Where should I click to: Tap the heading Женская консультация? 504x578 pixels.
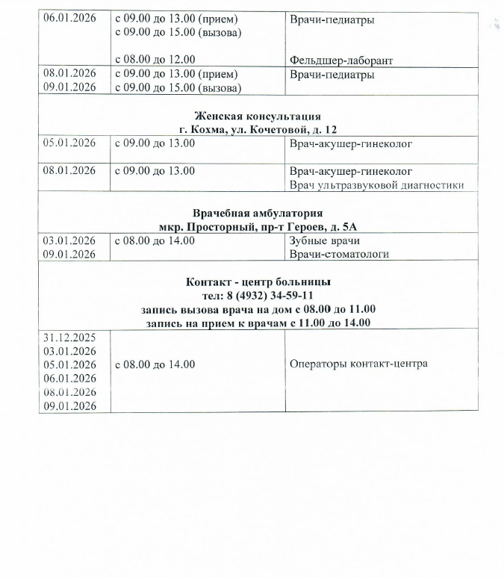click(x=258, y=116)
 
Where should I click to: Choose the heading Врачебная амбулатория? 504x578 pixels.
click(x=258, y=212)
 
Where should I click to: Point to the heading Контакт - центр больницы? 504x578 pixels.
click(x=258, y=282)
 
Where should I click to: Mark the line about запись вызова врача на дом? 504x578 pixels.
click(x=258, y=309)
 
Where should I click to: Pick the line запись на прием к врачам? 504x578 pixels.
click(x=258, y=323)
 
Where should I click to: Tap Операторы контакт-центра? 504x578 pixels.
click(x=358, y=364)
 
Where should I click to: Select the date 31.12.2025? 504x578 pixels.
click(x=69, y=337)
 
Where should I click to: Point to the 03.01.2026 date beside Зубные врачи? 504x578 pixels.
click(x=69, y=240)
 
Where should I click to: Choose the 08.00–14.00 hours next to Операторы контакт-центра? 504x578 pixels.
click(x=155, y=364)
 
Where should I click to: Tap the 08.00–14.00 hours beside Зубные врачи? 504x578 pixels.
click(x=155, y=240)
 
